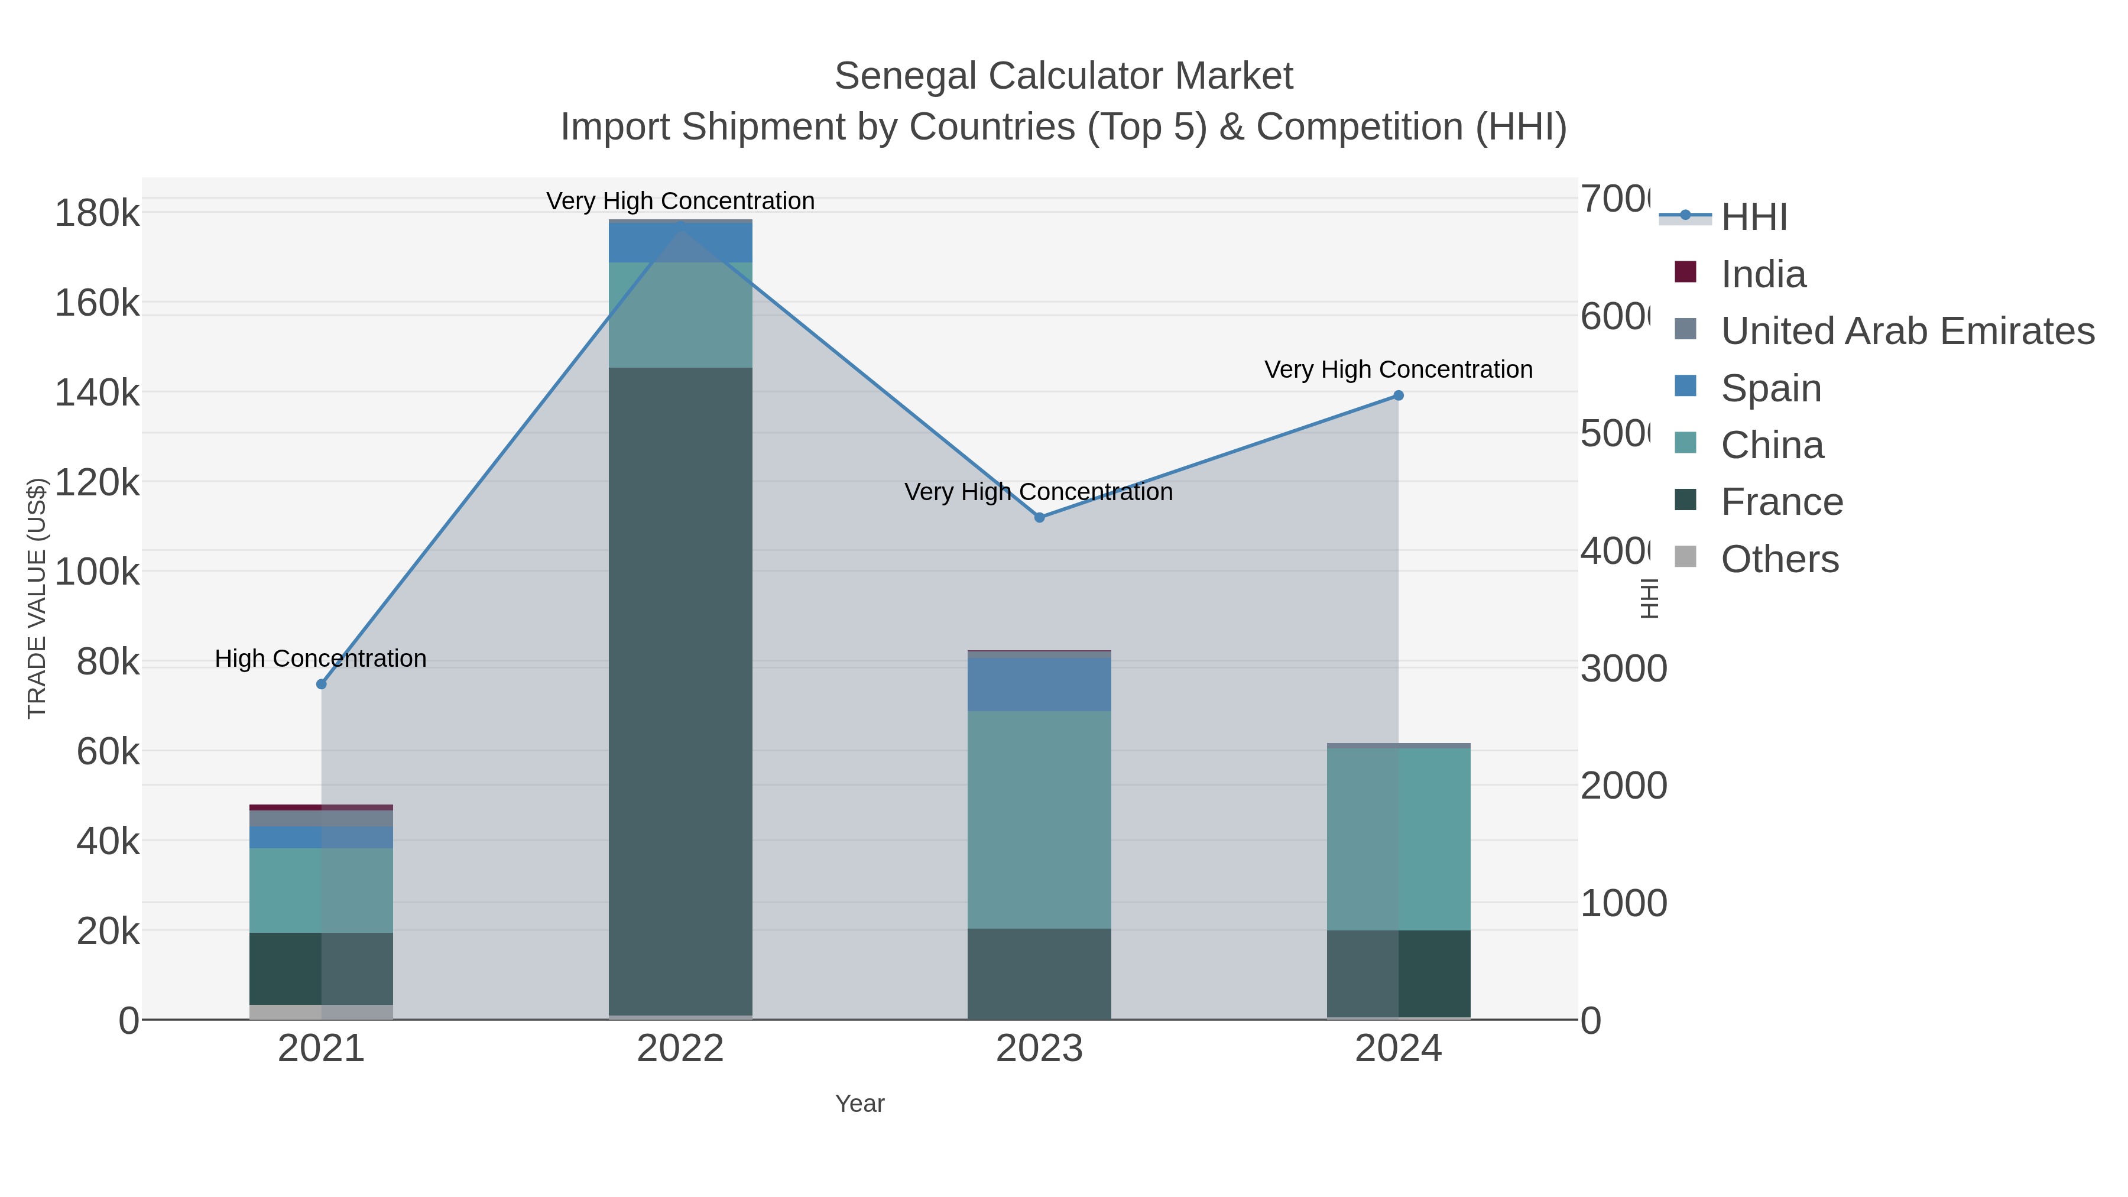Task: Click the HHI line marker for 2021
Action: (322, 684)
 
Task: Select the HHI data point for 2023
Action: (1039, 518)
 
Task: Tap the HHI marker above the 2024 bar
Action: (1399, 395)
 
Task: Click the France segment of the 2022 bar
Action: (680, 690)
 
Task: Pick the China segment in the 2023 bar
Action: (1039, 819)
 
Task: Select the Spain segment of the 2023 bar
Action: (1039, 683)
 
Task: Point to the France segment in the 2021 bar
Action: (322, 968)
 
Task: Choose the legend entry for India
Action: (1763, 274)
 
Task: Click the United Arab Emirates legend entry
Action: (1906, 331)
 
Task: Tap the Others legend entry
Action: (1779, 559)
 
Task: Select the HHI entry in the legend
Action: (1753, 218)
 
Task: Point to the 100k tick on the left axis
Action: (97, 572)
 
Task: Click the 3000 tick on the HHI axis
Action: (1623, 669)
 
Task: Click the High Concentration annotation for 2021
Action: (320, 658)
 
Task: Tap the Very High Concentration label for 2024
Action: (1398, 369)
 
